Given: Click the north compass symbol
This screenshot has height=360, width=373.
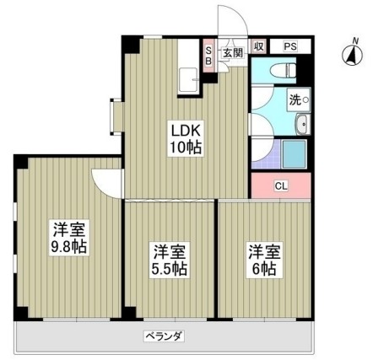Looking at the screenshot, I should [348, 56].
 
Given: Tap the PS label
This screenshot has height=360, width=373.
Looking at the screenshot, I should [289, 46].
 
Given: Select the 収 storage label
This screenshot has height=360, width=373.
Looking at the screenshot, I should [260, 46].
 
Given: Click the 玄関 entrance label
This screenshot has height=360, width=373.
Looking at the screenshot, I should [232, 51].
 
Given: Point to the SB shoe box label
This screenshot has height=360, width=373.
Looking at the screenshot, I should [209, 55].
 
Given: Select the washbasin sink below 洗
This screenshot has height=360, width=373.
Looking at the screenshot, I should [301, 126].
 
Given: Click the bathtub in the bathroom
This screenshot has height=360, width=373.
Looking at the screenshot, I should [296, 155].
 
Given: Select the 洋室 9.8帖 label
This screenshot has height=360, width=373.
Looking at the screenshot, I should [70, 238].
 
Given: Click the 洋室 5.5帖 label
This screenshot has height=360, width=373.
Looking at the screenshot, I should [170, 260].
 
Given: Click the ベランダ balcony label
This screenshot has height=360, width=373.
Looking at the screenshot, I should [165, 336].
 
